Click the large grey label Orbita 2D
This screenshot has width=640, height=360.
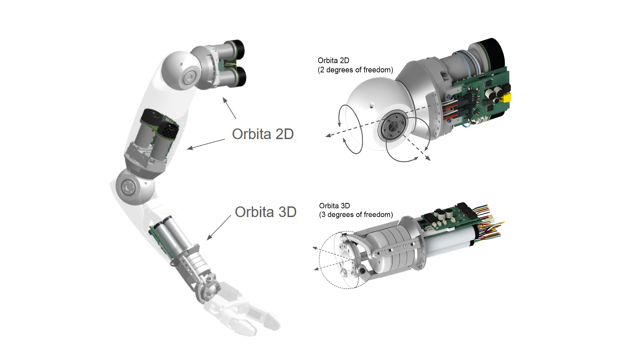tap(263, 134)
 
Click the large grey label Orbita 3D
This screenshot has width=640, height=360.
tap(266, 212)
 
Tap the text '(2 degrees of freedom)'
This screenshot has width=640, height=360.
tap(355, 70)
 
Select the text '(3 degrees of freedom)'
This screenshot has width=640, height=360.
tap(356, 215)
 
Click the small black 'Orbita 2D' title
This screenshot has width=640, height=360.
tap(333, 61)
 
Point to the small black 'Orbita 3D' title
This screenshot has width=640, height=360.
tap(334, 206)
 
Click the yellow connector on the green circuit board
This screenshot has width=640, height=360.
tap(506, 98)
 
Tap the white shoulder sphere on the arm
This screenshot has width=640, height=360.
tap(181, 72)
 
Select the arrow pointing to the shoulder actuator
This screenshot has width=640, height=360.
tap(229, 108)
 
